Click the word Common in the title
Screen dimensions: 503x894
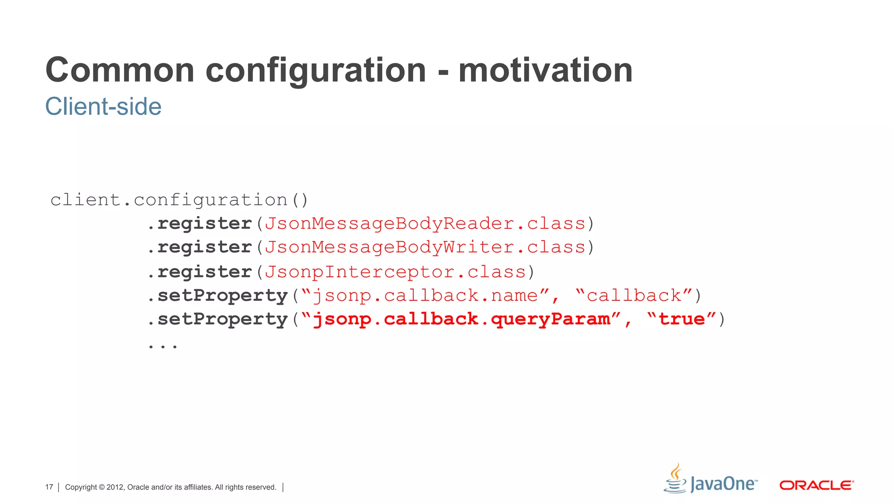coord(120,70)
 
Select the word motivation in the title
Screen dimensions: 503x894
coord(545,70)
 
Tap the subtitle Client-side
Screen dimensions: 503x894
coord(103,107)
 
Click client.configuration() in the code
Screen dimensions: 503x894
coord(179,200)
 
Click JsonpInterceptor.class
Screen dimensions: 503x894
coord(395,272)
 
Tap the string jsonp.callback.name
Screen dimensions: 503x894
coord(426,296)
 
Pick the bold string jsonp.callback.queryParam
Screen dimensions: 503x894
coord(461,319)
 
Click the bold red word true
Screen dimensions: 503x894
coord(681,319)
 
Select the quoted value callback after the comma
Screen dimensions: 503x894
coord(634,296)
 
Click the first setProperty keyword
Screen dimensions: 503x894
coord(223,296)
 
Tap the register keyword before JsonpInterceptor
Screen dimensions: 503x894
coord(204,272)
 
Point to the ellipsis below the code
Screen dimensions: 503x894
coord(163,346)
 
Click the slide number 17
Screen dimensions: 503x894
coord(49,487)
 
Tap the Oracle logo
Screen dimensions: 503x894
coord(816,486)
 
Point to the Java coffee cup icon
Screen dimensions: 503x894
coord(675,479)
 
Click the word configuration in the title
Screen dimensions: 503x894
coord(316,70)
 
